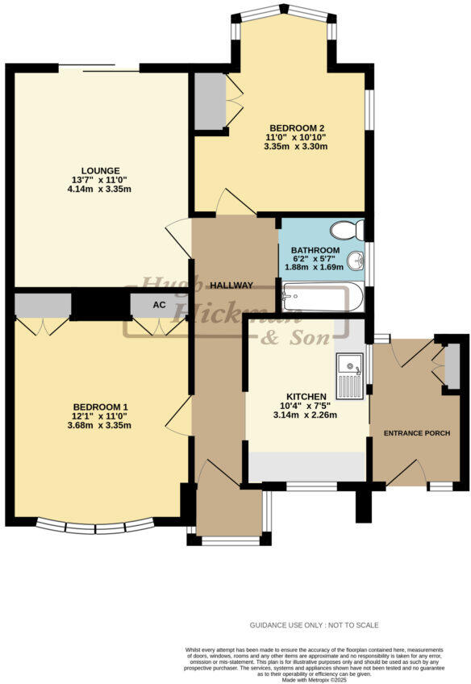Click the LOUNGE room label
[100, 170]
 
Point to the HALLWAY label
[232, 286]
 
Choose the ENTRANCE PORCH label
[415, 434]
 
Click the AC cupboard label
[159, 306]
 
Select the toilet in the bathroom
[348, 230]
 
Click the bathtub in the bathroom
[323, 297]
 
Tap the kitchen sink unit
[351, 376]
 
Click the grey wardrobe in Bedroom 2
[209, 102]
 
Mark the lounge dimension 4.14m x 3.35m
[100, 190]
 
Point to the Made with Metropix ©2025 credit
[312, 679]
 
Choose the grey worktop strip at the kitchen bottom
[306, 467]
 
